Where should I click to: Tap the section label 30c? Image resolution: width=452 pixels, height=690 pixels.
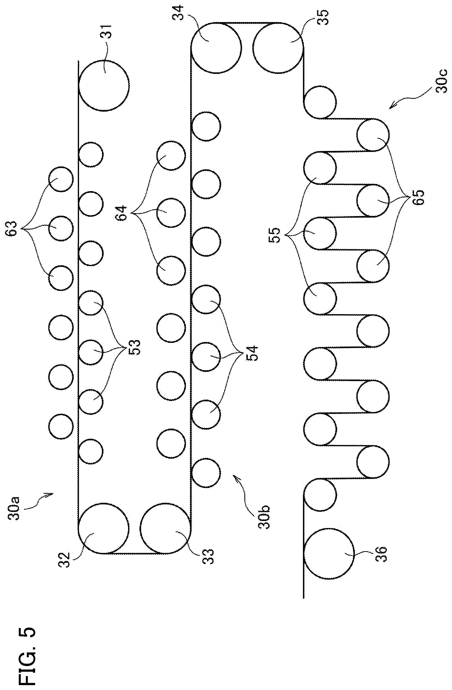tap(441, 80)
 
